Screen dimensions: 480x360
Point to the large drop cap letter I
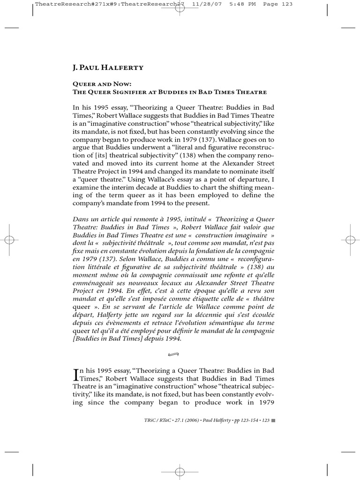coord(77,375)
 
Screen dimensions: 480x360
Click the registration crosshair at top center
coord(180,8)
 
